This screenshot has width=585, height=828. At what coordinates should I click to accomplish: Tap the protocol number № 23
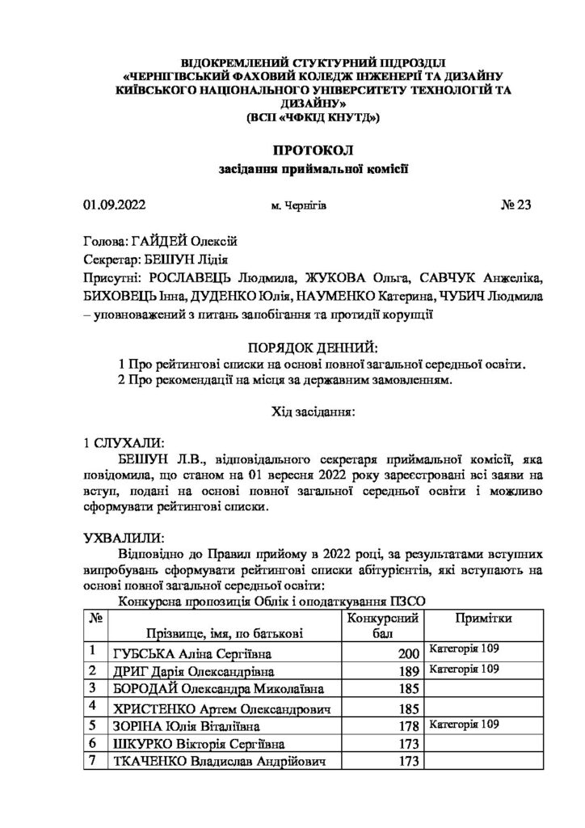pyautogui.click(x=516, y=205)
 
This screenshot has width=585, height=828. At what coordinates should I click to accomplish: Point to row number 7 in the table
pyautogui.click(x=94, y=761)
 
